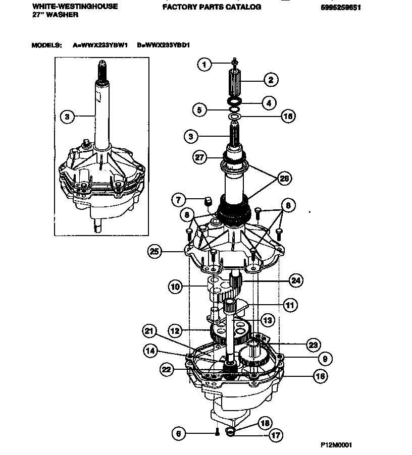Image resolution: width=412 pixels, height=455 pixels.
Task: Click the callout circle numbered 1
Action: [x=204, y=64]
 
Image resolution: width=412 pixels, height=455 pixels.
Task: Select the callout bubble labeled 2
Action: [x=270, y=79]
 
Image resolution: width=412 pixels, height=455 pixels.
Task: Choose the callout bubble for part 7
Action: [x=178, y=200]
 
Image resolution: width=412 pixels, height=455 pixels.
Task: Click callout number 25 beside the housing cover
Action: [x=155, y=250]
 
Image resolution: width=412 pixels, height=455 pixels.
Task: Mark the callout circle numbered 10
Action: [x=175, y=287]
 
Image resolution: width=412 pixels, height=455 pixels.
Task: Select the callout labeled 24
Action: [x=295, y=280]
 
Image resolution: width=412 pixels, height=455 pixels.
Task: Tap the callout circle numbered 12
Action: [x=175, y=331]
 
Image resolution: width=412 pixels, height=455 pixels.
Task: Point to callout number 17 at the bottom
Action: [x=276, y=434]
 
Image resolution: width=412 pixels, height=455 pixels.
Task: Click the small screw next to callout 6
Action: [x=217, y=432]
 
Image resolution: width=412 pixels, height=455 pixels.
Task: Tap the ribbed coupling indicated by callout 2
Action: [x=235, y=82]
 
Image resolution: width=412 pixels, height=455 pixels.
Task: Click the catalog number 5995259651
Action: [x=341, y=7]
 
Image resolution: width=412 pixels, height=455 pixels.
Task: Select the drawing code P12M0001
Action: [x=336, y=445]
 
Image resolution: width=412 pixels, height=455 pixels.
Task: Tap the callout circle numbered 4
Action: [x=268, y=103]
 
